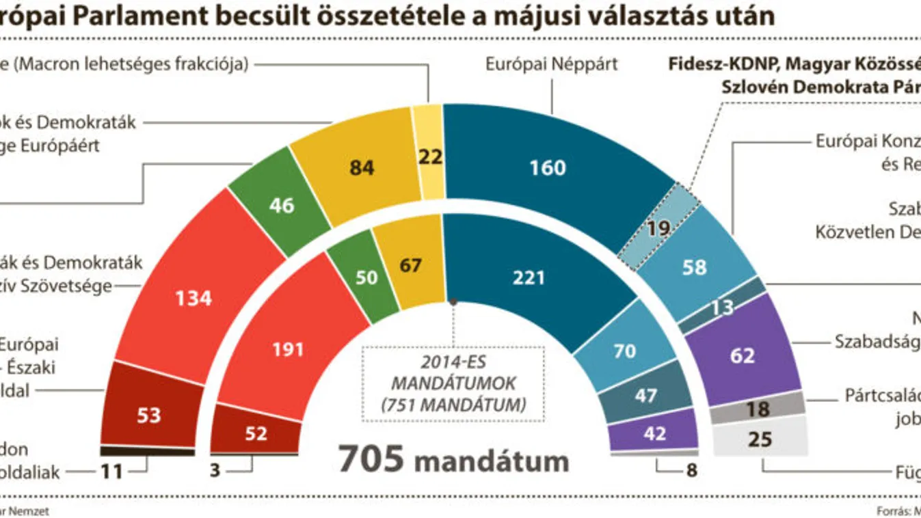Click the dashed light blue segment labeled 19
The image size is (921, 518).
click(x=658, y=227)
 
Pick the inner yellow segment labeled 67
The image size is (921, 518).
click(x=410, y=263)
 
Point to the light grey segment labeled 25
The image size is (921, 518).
click(x=760, y=439)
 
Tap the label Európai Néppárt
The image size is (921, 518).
click(x=551, y=65)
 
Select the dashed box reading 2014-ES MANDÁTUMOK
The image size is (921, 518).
click(x=453, y=383)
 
